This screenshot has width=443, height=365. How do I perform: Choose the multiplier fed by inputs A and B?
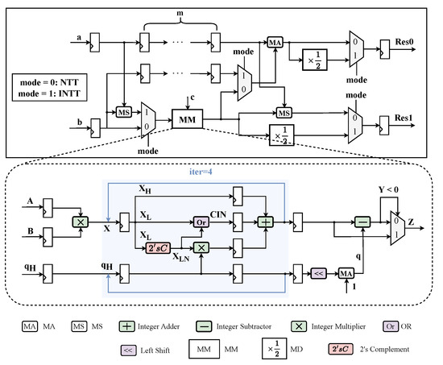tap(81, 221)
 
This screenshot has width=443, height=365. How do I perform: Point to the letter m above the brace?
tap(179, 17)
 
